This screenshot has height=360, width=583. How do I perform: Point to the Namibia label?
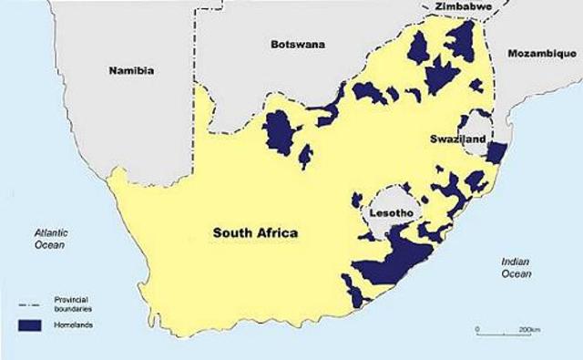[x=130, y=70]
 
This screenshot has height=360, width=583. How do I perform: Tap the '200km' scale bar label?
[x=530, y=328]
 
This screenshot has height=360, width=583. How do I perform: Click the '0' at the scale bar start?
[x=477, y=328]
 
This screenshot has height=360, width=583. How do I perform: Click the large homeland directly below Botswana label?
[x=280, y=135]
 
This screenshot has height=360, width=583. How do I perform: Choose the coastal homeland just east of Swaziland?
[x=496, y=151]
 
